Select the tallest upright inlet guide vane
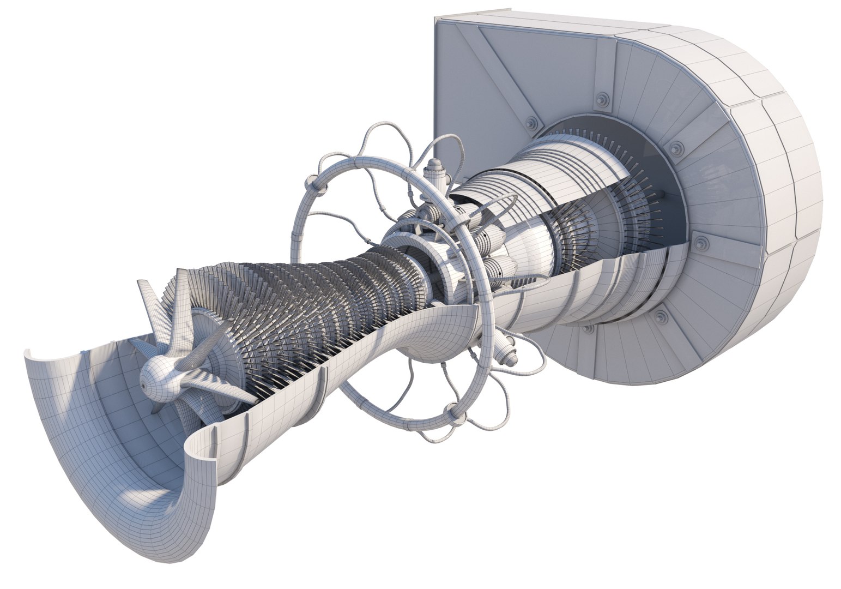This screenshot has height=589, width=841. (147, 297)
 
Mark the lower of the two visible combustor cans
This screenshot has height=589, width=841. (499, 267)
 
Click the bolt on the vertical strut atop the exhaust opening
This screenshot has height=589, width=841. (602, 99)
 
